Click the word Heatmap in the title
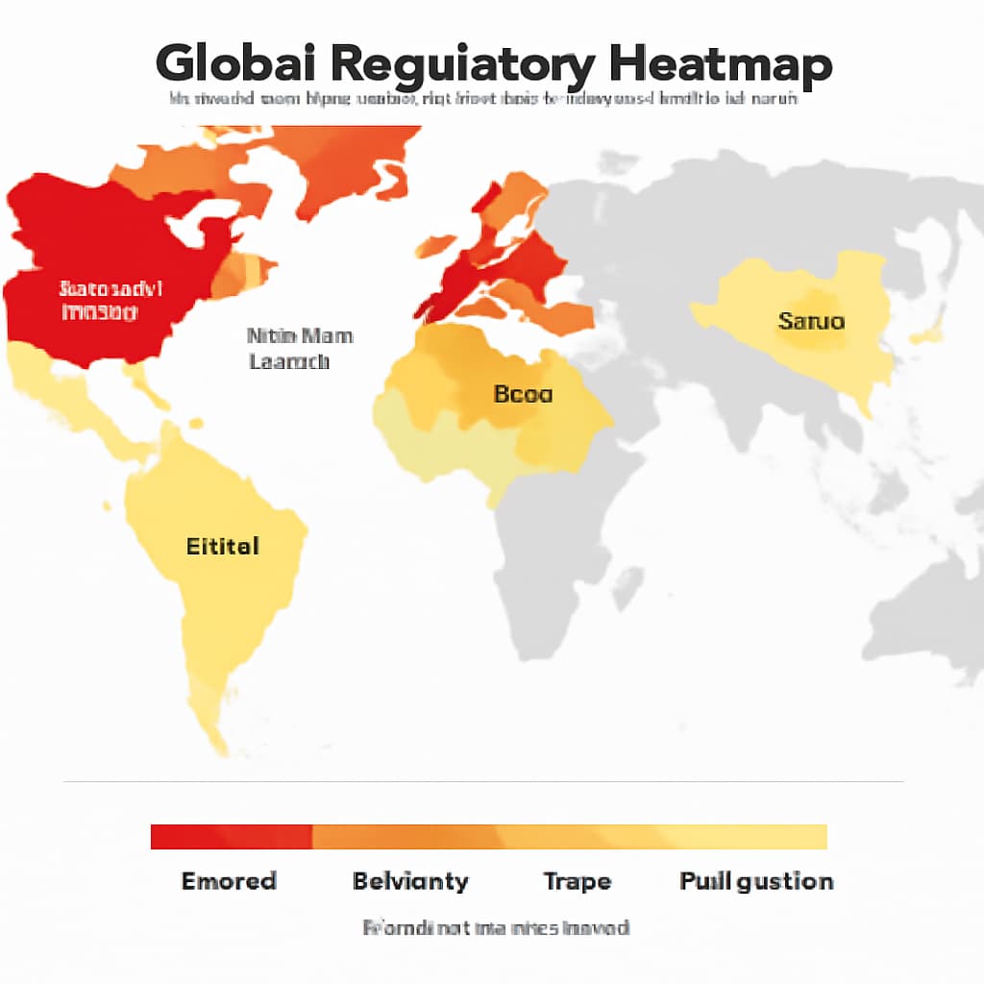[x=720, y=65]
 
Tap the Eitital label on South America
[x=222, y=547]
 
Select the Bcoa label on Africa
[x=523, y=393]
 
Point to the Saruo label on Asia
[x=811, y=321]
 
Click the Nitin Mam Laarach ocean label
[x=299, y=349]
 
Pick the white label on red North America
[x=111, y=300]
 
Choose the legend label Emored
[x=229, y=881]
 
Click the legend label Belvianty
[x=410, y=881]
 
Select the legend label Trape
[x=577, y=881]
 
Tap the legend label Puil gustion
[x=756, y=881]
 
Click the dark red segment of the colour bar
[x=231, y=837]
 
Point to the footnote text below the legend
[x=496, y=928]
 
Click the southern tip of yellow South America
[x=219, y=745]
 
